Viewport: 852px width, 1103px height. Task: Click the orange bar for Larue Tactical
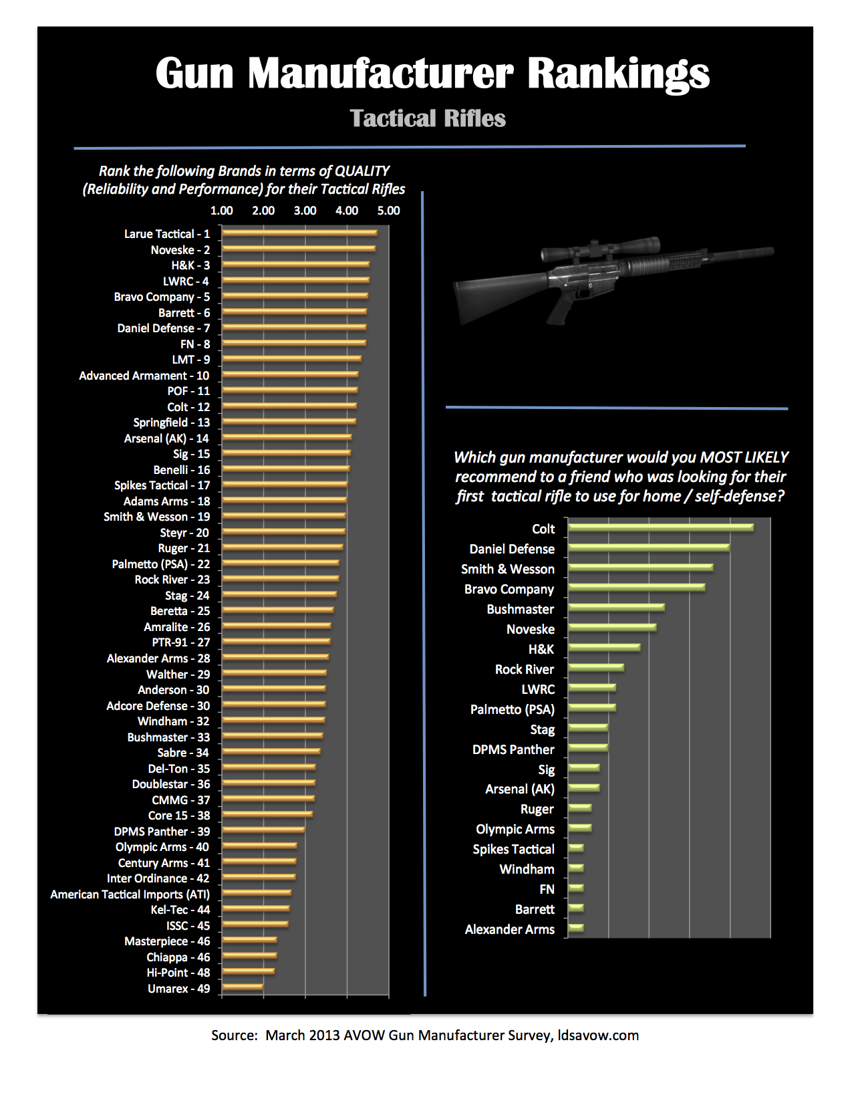pos(299,233)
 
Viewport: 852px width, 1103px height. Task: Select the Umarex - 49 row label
pos(178,989)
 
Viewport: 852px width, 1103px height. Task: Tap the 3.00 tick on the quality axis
pos(305,211)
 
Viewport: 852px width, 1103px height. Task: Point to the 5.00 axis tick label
pos(388,211)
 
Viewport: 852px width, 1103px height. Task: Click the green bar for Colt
pos(660,528)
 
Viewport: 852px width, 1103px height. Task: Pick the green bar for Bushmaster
pos(616,608)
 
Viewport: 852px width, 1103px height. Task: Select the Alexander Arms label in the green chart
pos(509,929)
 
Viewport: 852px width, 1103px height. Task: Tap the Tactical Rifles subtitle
pos(428,118)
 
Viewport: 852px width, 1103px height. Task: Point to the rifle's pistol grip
pos(560,309)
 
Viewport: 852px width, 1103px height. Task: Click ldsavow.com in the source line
pos(598,1035)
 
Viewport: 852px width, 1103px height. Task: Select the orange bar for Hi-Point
pos(248,972)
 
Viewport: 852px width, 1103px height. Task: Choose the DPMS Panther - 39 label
pos(162,832)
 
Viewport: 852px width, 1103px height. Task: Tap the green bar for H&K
pos(604,648)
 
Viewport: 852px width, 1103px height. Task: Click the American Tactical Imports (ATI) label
pos(130,894)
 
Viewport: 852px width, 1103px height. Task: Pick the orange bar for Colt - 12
pos(289,406)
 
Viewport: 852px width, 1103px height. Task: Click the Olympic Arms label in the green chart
pos(515,829)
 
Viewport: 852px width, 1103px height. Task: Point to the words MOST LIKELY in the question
pos(744,457)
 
